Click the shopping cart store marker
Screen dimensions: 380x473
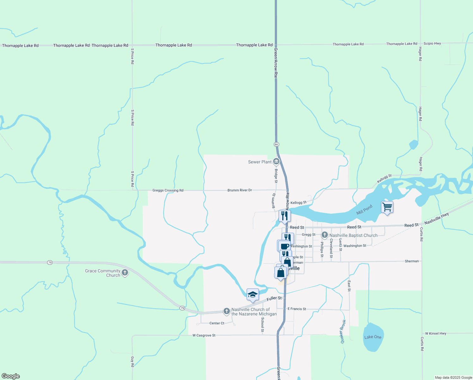[387, 207]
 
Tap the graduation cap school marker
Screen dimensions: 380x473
[252, 295]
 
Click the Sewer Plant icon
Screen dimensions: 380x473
[276, 161]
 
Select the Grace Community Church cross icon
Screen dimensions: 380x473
[125, 273]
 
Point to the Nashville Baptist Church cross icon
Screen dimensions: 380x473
[324, 235]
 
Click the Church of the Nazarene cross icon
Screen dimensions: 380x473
[226, 311]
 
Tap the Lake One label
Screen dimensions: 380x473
[373, 337]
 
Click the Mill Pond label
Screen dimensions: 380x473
[364, 210]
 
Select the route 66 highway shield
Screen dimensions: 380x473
[276, 144]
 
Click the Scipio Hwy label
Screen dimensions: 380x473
[432, 43]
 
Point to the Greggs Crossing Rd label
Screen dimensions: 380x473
[168, 190]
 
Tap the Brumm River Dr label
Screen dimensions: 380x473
[240, 190]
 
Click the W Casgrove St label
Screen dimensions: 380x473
[204, 335]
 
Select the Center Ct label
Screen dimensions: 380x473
[217, 323]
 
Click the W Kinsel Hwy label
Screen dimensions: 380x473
[435, 333]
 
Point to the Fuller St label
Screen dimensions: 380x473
[274, 298]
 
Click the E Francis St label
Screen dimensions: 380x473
[297, 309]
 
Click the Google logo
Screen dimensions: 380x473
[10, 376]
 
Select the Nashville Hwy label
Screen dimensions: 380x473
[436, 218]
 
